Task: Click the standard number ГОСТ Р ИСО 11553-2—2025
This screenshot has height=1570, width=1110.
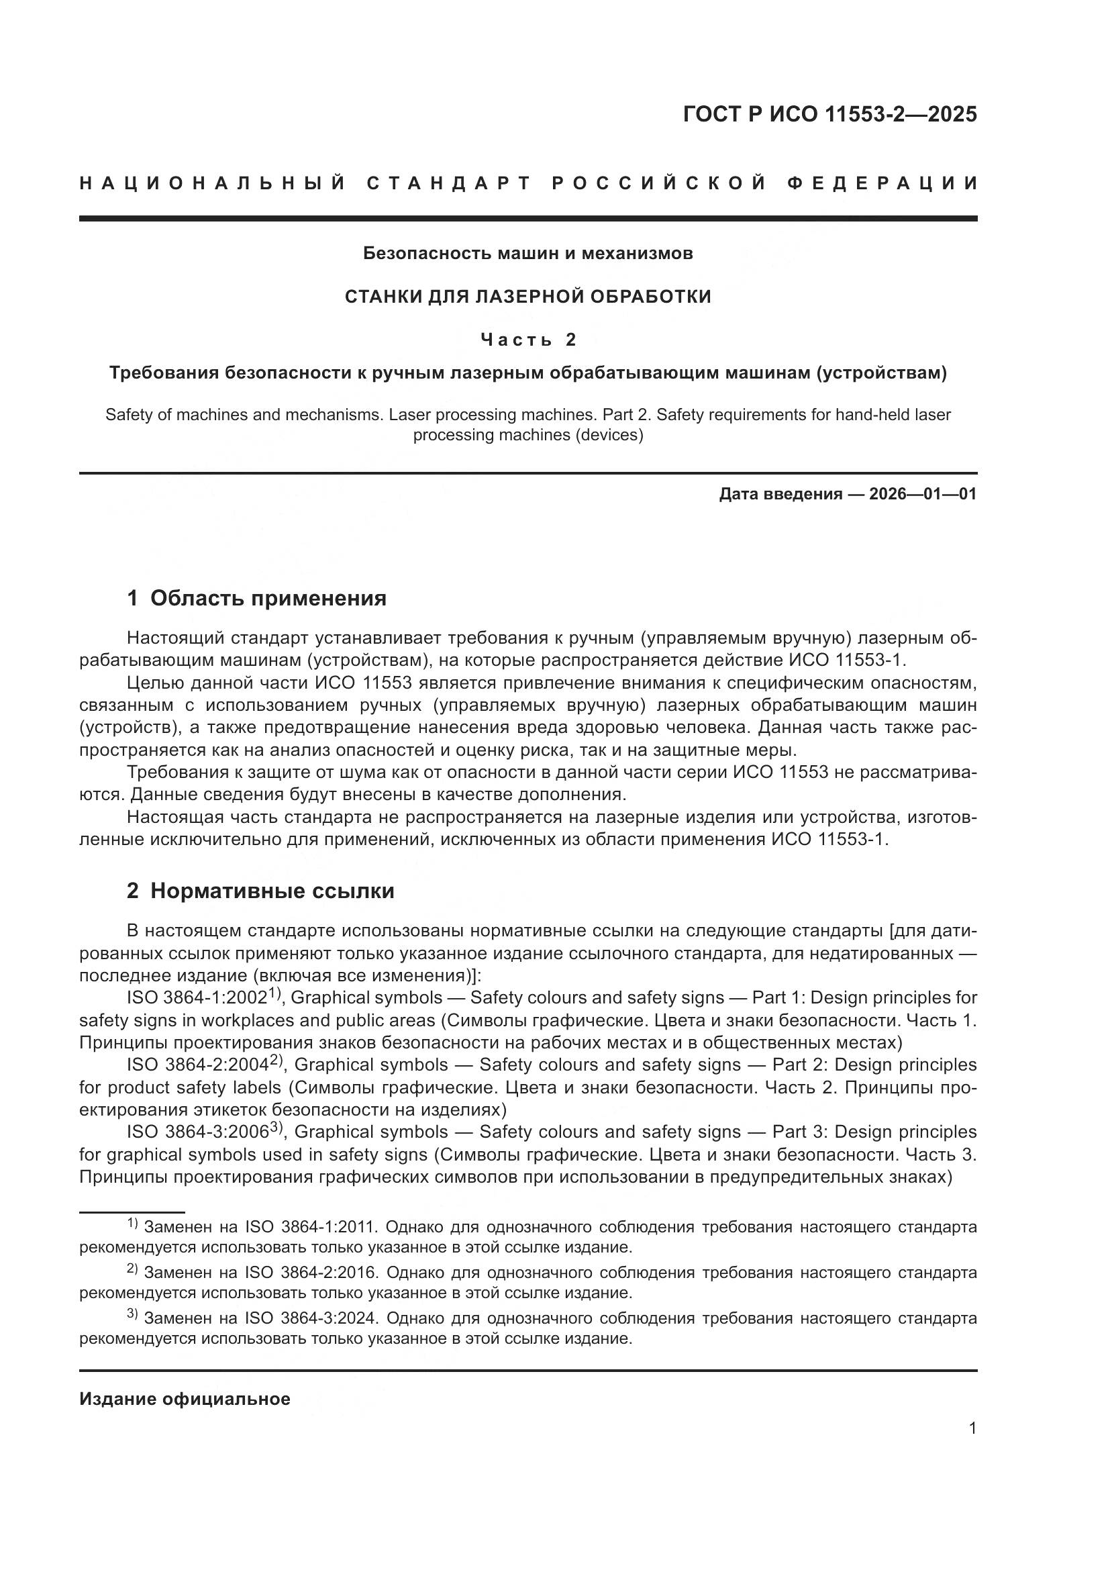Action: pos(829,114)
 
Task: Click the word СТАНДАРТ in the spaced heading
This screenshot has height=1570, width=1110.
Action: pos(449,183)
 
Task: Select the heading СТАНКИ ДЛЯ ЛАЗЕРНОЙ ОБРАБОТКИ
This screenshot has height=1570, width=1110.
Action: pos(527,296)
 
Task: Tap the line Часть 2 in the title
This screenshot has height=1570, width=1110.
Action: pos(527,339)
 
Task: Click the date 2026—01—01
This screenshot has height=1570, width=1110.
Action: pos(923,494)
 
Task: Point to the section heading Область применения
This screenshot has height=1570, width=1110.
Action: pos(268,598)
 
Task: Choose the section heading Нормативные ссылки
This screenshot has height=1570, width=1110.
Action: pos(272,891)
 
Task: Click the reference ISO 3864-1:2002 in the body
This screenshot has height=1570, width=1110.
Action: pos(197,998)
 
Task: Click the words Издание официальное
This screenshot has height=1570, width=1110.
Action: pos(185,1399)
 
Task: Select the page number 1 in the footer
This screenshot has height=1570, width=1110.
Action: pos(972,1428)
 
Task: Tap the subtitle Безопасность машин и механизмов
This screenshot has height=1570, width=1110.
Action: pos(527,253)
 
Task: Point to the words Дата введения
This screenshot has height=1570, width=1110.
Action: pos(780,494)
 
